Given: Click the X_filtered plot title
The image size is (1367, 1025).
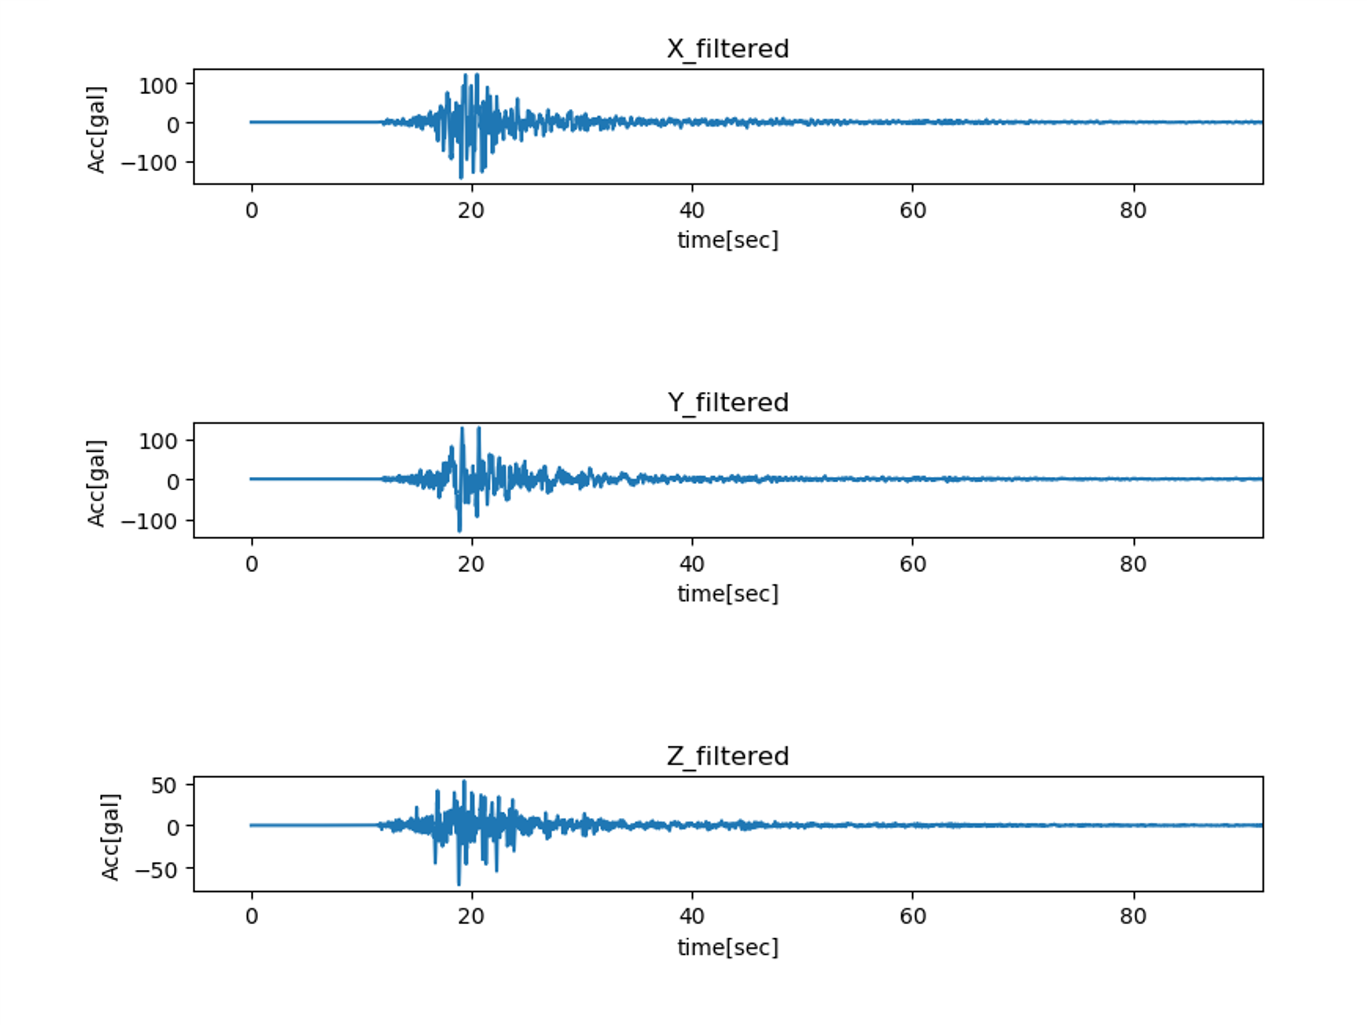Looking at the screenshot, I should (728, 49).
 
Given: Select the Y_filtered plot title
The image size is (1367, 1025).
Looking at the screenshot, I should (728, 402).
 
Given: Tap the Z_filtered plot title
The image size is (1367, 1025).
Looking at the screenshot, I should (728, 756).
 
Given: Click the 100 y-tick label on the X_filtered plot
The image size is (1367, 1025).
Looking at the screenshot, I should (158, 86).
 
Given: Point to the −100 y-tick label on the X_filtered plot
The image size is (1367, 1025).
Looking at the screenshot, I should (149, 163).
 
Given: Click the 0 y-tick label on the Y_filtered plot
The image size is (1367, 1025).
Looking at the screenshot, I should (173, 481).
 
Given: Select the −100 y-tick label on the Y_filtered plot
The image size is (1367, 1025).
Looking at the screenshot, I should (149, 522).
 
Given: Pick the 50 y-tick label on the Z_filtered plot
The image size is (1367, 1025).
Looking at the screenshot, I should (164, 786).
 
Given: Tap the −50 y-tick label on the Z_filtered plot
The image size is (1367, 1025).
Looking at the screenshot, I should (155, 870).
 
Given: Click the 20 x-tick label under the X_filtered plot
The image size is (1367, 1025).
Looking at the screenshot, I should (471, 211).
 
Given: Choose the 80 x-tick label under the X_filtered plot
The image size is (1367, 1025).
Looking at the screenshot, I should (1133, 211).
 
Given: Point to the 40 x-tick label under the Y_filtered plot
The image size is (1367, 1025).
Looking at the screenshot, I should (692, 564).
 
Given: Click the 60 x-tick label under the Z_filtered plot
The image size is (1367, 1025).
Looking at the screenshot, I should (913, 916).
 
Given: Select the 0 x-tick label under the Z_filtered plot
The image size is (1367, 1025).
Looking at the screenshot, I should (251, 916).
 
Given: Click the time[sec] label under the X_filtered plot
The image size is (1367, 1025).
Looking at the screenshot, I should (728, 240).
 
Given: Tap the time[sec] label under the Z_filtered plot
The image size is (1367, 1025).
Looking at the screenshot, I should (728, 947).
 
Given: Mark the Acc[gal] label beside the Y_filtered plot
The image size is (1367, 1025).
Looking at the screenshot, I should (96, 483).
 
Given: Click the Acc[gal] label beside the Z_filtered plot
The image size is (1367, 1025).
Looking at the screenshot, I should (111, 837).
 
